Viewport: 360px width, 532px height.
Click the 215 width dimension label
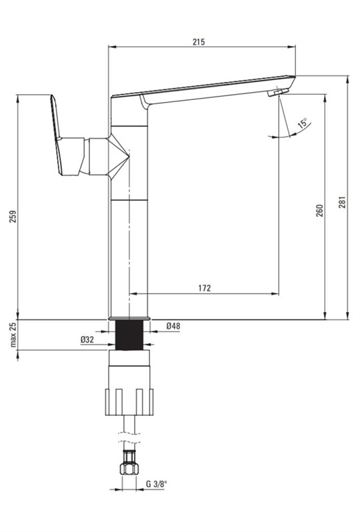199,42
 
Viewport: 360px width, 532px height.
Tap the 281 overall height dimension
343,201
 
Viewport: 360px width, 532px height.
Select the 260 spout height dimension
320,211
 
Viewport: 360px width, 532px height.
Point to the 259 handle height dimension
13,217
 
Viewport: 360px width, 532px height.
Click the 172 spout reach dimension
204,288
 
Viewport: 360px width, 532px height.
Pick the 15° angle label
303,123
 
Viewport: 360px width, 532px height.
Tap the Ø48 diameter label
173,327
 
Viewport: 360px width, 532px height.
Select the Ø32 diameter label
87,339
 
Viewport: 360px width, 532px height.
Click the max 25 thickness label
13,335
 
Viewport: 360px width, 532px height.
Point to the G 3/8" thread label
157,484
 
